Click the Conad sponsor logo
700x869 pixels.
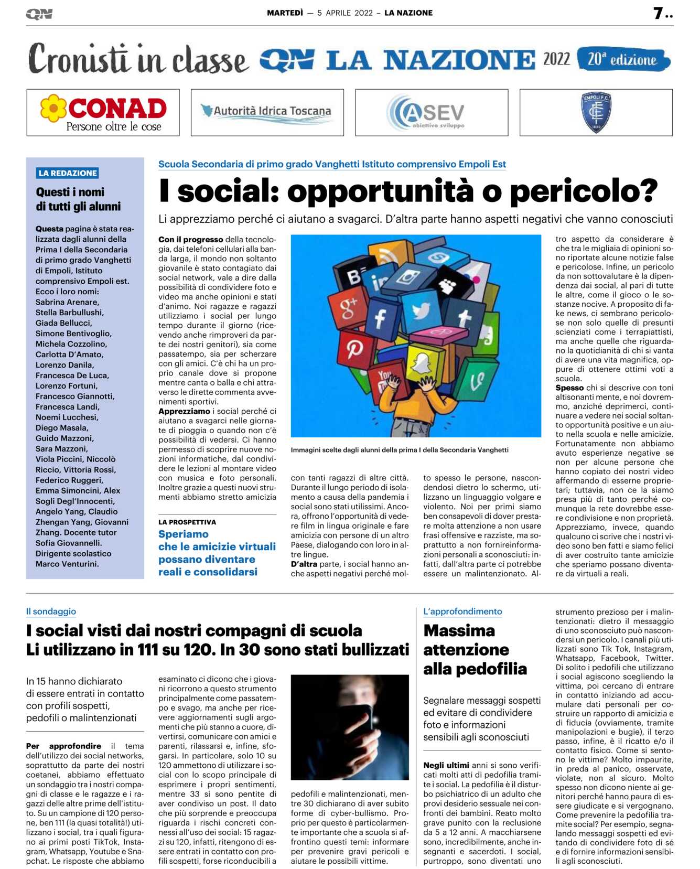[103, 112]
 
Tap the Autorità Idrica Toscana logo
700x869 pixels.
[267, 112]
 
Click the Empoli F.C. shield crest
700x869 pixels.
[596, 112]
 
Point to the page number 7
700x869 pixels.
[659, 13]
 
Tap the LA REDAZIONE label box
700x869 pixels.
[68, 173]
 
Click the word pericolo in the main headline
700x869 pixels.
[583, 191]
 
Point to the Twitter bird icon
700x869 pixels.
[421, 311]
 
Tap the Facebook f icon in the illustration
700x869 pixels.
[380, 318]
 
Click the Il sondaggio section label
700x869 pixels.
[51, 611]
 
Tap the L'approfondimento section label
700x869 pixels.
[462, 611]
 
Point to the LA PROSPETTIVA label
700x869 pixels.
[187, 522]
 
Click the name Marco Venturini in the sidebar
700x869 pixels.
[67, 564]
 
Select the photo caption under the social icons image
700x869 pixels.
[400, 450]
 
